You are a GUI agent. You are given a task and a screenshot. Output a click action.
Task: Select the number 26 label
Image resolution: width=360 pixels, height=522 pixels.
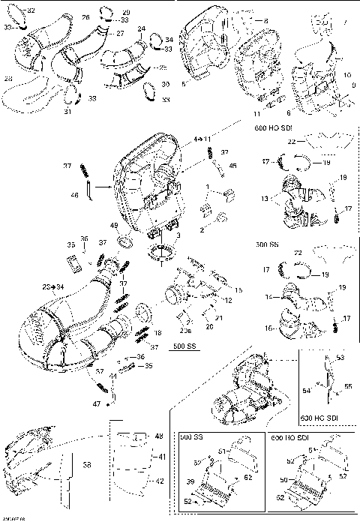pyautogui.click(x=85, y=16)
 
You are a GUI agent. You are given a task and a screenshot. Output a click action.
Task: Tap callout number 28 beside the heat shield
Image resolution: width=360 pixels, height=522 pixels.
pyautogui.click(x=8, y=77)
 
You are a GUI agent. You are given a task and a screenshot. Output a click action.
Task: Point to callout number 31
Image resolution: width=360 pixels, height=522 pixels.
pyautogui.click(x=67, y=112)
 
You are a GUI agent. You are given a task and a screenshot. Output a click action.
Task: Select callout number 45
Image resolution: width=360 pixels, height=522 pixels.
pyautogui.click(x=232, y=166)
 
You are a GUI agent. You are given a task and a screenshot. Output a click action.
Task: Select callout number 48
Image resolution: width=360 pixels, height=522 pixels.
pyautogui.click(x=159, y=436)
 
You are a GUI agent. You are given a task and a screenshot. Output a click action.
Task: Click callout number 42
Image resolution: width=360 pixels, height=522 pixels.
pyautogui.click(x=159, y=481)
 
